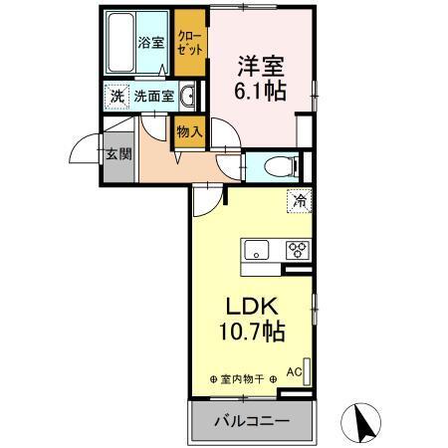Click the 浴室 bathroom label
tap(149, 44)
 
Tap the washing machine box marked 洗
tap(116, 98)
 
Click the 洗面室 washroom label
tap(154, 98)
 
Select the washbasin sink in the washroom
tap(188, 96)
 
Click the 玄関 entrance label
tap(117, 155)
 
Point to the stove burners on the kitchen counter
tap(296, 249)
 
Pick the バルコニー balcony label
tap(252, 421)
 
